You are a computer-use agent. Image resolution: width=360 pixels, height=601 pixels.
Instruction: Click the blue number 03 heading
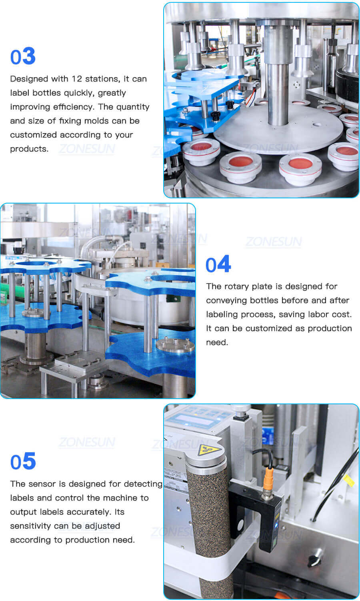click(x=23, y=56)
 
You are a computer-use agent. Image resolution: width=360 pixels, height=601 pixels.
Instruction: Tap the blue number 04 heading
click(x=218, y=264)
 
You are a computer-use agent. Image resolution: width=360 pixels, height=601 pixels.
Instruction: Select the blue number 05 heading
click(x=23, y=461)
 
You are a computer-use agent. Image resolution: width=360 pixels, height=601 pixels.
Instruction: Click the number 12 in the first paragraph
click(x=77, y=79)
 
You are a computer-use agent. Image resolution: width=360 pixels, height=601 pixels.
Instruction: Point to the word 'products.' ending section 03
click(x=29, y=149)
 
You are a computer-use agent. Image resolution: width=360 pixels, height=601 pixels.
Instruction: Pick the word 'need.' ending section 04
click(x=217, y=342)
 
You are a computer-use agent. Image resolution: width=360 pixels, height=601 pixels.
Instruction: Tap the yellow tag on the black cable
click(x=349, y=480)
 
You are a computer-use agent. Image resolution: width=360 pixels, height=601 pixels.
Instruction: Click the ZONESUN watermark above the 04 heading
click(x=274, y=242)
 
